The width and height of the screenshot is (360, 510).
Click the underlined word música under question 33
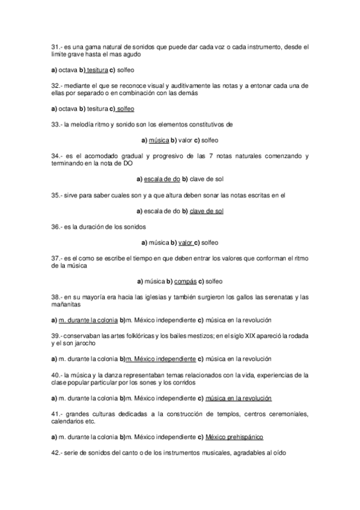pyautogui.click(x=159, y=140)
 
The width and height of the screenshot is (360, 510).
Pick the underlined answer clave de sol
pyautogui.click(x=206, y=211)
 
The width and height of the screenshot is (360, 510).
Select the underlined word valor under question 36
pyautogui.click(x=185, y=242)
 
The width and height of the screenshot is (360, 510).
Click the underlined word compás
pyautogui.click(x=186, y=281)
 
